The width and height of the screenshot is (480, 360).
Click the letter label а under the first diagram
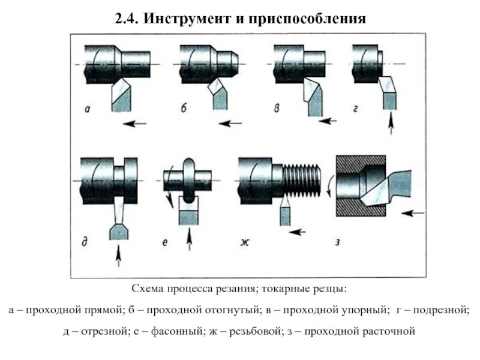(88, 109)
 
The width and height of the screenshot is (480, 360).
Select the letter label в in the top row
(277, 109)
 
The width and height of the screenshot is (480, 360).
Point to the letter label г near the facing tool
(356, 109)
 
